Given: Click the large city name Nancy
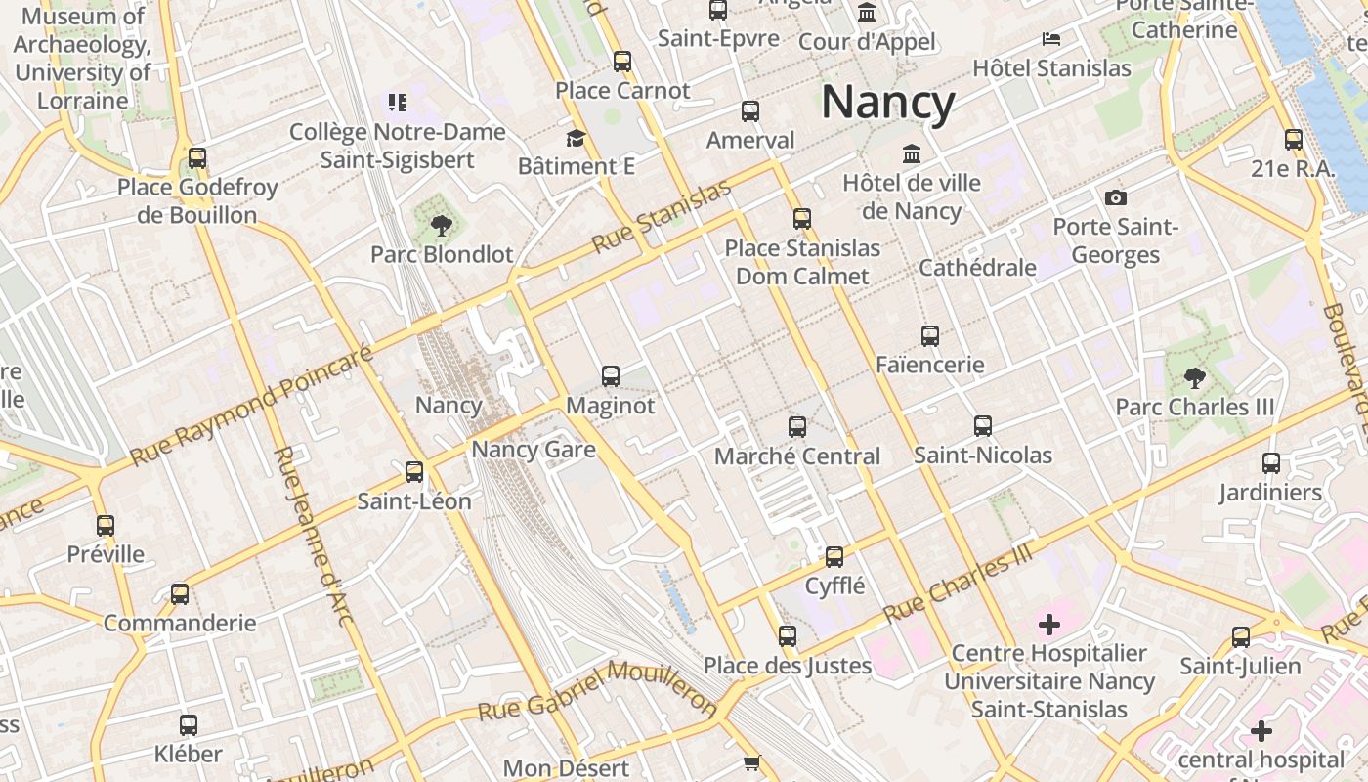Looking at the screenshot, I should (x=887, y=103).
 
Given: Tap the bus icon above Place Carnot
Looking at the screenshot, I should (x=622, y=62).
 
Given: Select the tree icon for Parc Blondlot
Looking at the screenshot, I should (x=442, y=227).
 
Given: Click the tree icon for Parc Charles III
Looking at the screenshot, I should (x=1194, y=378).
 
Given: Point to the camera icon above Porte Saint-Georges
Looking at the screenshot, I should (x=1115, y=198).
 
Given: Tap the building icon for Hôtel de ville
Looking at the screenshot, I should (x=912, y=154).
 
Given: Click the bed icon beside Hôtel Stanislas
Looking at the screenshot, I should (x=1051, y=39).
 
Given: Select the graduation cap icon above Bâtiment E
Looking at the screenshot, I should (x=576, y=138).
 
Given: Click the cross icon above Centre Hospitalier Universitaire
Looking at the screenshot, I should (x=1049, y=624).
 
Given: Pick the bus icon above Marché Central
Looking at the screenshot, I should (x=797, y=427).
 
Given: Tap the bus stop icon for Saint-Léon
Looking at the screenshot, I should (x=414, y=472).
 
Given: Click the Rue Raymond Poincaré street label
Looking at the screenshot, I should (x=252, y=405).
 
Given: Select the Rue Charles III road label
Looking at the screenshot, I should (x=958, y=583).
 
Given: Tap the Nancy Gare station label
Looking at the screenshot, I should (x=534, y=450).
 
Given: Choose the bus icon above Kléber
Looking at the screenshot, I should (x=189, y=725).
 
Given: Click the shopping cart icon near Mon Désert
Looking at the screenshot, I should (x=751, y=763).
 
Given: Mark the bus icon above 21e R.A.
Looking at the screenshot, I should (x=1294, y=140).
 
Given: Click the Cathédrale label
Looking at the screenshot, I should (x=977, y=268).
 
